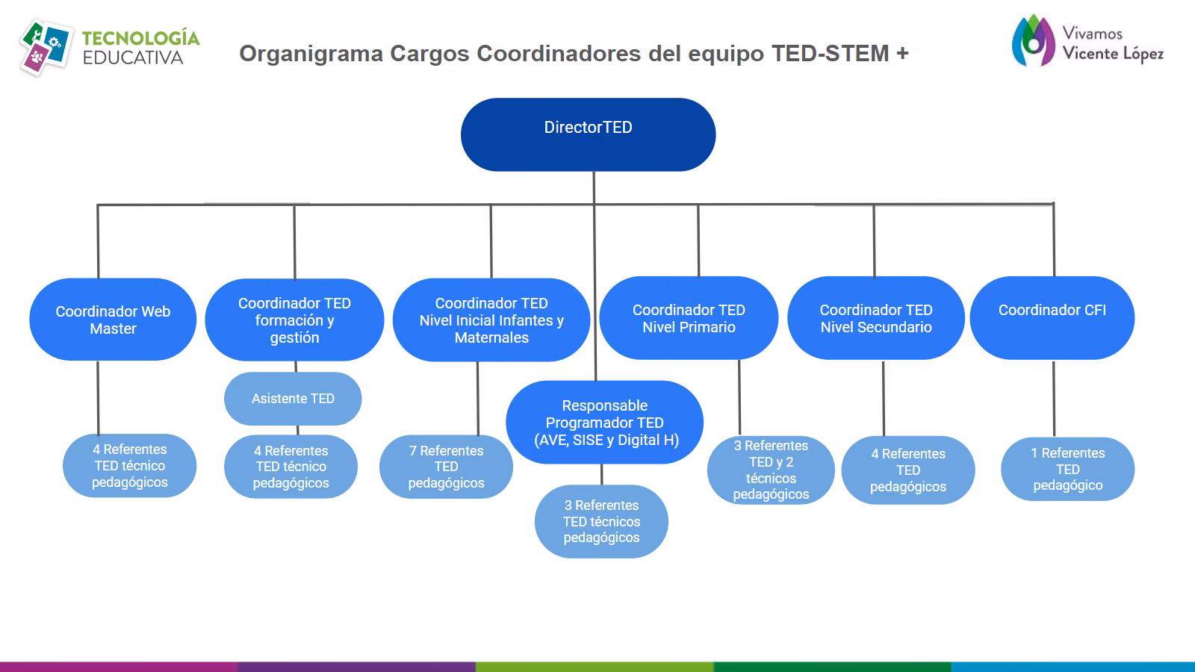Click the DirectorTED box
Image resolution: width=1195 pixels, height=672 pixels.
(588, 134)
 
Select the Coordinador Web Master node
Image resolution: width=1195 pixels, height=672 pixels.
(113, 320)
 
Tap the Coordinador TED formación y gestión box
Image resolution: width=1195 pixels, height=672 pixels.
(294, 320)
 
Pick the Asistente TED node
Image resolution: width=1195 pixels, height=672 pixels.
(293, 399)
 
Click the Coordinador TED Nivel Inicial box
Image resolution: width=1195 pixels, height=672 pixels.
(491, 320)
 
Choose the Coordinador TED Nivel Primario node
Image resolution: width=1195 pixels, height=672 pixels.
(689, 319)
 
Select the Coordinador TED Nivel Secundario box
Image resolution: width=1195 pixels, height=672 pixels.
(876, 319)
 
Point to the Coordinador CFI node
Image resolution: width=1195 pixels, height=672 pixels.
(1052, 319)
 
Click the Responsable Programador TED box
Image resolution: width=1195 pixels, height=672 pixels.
(604, 423)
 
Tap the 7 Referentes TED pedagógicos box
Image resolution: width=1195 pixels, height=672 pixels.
(446, 467)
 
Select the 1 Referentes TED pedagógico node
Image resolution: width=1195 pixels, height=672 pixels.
(1067, 469)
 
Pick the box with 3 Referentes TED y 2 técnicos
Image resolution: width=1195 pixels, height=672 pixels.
(771, 470)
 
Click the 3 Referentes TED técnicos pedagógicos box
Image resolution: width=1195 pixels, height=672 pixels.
(601, 521)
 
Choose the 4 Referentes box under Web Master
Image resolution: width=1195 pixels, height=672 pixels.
(129, 466)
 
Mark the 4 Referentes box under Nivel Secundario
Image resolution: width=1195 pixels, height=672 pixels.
(907, 470)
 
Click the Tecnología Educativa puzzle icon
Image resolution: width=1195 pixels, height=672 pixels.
(44, 48)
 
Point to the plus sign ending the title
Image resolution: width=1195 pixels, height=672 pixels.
(902, 54)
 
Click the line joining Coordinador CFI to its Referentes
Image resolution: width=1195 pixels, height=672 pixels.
(1054, 399)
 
